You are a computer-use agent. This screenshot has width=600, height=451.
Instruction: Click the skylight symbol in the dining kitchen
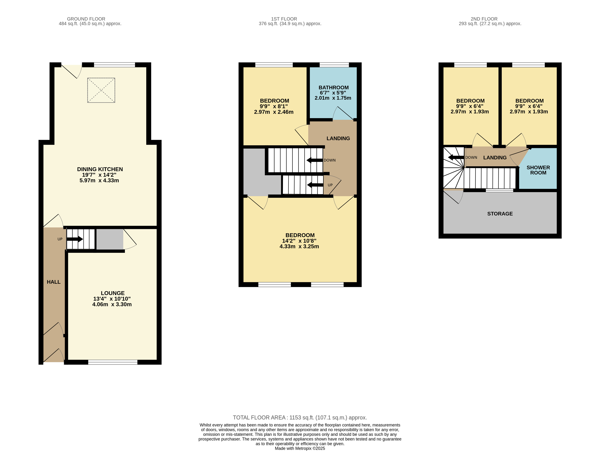[x=101, y=90]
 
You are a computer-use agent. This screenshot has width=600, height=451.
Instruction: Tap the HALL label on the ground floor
[x=54, y=282]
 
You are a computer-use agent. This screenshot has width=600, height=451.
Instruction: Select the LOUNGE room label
[x=113, y=293]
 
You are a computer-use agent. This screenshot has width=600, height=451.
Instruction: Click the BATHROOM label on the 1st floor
[x=334, y=87]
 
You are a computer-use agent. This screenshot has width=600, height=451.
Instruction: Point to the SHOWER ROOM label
[x=538, y=170]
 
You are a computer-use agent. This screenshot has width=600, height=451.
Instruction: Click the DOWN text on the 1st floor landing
[x=330, y=160]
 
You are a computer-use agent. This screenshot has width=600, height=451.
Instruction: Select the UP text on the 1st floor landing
[x=330, y=185]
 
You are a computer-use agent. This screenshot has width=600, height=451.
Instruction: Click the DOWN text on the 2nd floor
[x=471, y=158]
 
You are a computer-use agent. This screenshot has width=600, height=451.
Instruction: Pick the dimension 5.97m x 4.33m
[x=99, y=180]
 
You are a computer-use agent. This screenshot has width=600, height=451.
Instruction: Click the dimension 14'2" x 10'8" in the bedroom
[x=299, y=241]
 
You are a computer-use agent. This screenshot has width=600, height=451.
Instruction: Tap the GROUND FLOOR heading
[x=86, y=19]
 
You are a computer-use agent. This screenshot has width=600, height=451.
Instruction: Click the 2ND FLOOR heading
[x=484, y=19]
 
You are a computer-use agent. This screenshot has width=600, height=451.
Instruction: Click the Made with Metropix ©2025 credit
[x=300, y=448]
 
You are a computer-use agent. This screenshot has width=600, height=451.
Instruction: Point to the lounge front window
[x=113, y=362]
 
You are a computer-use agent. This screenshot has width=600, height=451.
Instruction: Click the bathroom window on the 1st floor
[x=334, y=65]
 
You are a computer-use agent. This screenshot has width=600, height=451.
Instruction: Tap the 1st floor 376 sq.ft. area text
[x=290, y=24]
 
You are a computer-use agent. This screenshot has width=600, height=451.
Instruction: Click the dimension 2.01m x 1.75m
[x=333, y=98]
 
